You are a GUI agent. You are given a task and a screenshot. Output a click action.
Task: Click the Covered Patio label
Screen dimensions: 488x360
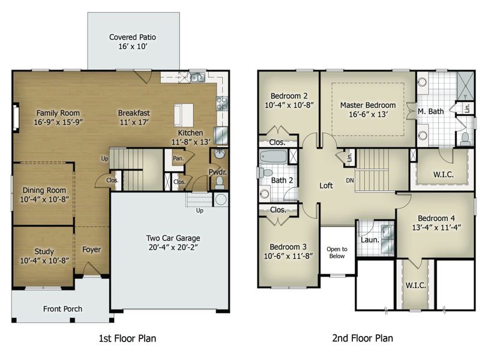pyautogui.click(x=133, y=37)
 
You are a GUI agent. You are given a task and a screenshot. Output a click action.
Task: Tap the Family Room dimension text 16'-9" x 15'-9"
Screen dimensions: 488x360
pyautogui.click(x=58, y=122)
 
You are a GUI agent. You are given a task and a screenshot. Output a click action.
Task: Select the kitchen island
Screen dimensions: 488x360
pyautogui.click(x=184, y=114)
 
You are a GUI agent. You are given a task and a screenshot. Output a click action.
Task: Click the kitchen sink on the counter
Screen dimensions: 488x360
pyautogui.click(x=197, y=77)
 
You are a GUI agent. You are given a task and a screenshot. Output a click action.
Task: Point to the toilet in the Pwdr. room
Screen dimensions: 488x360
pyautogui.click(x=220, y=183)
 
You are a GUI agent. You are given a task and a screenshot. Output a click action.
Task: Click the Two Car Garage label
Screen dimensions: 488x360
pyautogui.click(x=173, y=238)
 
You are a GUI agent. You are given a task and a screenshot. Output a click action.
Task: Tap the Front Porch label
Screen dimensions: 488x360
pyautogui.click(x=62, y=309)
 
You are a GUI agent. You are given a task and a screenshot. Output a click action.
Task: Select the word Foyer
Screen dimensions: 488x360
pyautogui.click(x=91, y=250)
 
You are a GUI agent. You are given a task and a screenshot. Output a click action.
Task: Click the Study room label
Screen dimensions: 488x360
pyautogui.click(x=44, y=251)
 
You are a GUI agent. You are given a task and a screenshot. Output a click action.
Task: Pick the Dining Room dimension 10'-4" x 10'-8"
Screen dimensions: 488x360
pyautogui.click(x=44, y=199)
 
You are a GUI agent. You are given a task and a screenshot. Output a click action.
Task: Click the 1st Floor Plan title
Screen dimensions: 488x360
pyautogui.click(x=128, y=338)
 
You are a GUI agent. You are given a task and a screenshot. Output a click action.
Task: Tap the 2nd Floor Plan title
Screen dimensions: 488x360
pyautogui.click(x=363, y=338)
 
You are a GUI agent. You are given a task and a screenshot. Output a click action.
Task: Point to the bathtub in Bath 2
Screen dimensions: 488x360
pyautogui.click(x=273, y=157)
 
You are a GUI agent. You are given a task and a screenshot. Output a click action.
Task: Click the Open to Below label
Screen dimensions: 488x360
pyautogui.click(x=337, y=253)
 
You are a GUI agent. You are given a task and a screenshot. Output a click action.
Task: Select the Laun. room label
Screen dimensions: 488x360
pyautogui.click(x=370, y=240)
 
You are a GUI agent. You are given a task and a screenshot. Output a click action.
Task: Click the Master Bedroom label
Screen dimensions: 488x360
pyautogui.click(x=368, y=106)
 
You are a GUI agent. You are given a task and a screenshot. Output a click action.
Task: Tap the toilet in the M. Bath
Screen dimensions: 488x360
pyautogui.click(x=466, y=139)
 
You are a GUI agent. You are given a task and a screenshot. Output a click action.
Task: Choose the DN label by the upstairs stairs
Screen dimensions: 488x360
pyautogui.click(x=350, y=180)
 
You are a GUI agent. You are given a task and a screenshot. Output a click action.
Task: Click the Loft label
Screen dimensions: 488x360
pyautogui.click(x=326, y=186)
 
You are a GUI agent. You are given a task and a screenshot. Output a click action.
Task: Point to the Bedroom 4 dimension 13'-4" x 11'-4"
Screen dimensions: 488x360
pyautogui.click(x=436, y=228)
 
